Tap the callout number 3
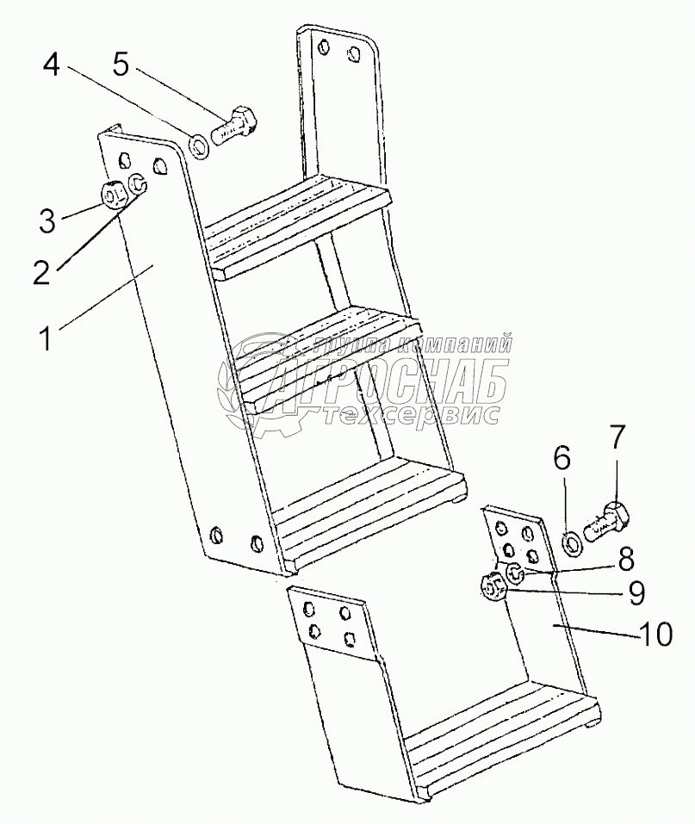(x=47, y=220)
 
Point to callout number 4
(x=52, y=65)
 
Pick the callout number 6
(x=561, y=459)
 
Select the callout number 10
(x=656, y=636)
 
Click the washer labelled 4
(x=199, y=146)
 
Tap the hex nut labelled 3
(x=114, y=195)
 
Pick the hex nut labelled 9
(x=493, y=592)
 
